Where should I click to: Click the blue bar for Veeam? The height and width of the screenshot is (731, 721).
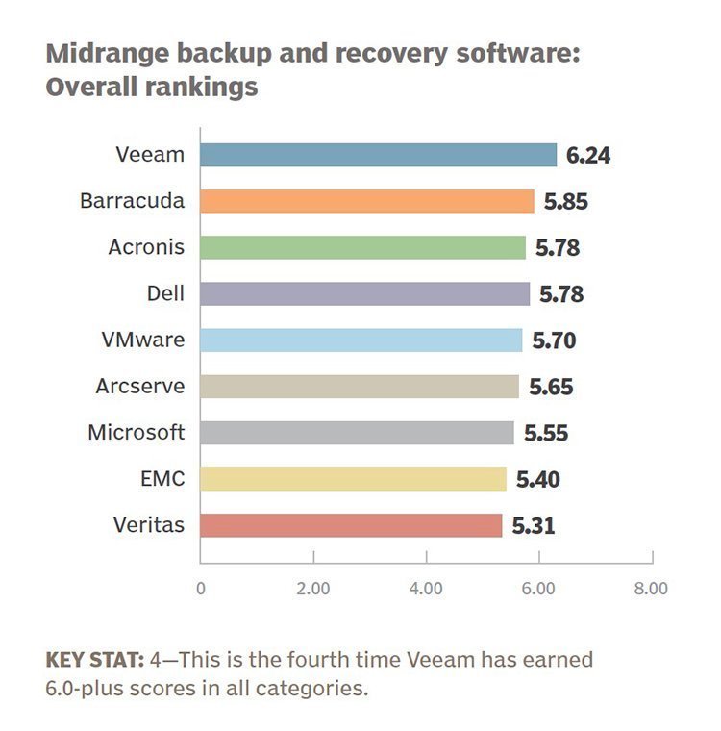[x=378, y=155]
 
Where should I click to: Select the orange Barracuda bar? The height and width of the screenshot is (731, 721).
[x=366, y=201]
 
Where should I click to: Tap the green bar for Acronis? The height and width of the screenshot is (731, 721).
[x=362, y=247]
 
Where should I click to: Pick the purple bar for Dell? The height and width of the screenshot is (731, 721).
[x=364, y=293]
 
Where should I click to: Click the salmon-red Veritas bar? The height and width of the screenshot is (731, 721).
[x=351, y=525]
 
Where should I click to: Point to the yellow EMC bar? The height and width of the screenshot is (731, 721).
[x=353, y=479]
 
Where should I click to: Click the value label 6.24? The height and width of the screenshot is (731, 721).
[x=588, y=156]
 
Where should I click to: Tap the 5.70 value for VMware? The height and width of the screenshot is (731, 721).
[x=554, y=340]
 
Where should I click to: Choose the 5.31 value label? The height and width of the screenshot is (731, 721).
[x=533, y=526]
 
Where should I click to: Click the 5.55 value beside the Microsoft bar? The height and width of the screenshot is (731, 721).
[x=545, y=434]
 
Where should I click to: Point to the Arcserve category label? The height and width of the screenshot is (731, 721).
[x=139, y=387]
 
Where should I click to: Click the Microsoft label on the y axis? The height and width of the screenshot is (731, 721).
[x=136, y=433]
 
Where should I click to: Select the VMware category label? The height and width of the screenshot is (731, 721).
[x=143, y=340]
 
